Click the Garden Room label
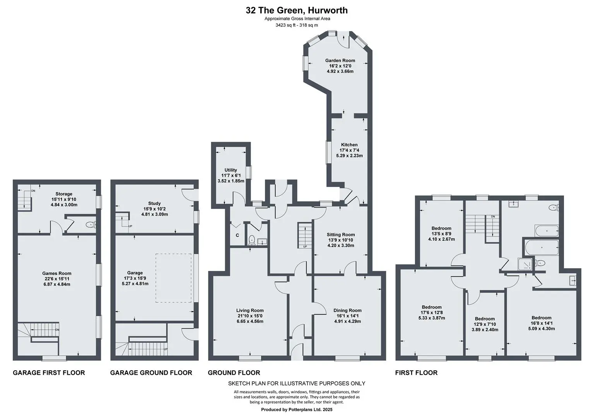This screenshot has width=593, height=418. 340,60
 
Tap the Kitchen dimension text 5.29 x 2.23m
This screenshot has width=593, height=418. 349,156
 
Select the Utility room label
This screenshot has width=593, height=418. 231,170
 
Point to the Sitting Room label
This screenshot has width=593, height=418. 340,235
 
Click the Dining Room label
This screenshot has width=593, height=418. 347,310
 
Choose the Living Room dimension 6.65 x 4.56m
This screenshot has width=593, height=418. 250,321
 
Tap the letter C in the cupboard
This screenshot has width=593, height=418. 237,235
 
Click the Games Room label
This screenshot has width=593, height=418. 56,273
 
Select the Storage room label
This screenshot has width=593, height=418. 64,194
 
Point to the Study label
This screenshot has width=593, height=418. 154,204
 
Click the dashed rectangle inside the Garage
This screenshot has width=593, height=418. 173,278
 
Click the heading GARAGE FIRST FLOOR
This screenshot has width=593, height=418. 49,373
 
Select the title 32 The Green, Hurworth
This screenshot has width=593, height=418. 296,10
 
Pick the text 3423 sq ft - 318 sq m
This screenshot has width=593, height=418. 296,25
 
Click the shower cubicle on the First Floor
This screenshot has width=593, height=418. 525,264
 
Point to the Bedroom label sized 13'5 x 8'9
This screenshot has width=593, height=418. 441,228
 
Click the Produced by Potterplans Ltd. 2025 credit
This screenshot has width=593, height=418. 296,409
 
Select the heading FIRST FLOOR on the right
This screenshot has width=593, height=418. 416,373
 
